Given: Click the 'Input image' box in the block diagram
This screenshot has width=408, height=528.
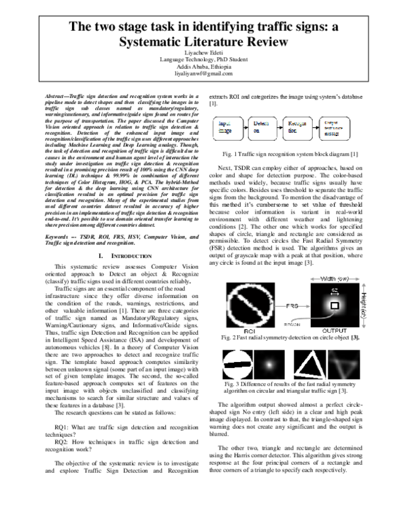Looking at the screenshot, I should coord(228,128).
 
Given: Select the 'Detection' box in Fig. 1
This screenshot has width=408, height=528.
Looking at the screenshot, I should coord(260,128).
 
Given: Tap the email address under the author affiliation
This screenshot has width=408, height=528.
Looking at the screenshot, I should coord(203,73).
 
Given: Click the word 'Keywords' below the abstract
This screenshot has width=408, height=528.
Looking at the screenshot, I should coord(52,218).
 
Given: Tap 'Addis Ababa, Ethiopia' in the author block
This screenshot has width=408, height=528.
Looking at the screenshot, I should coord(203,66).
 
